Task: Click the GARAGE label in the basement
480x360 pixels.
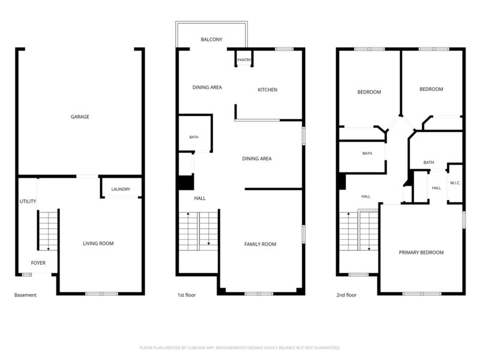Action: (80, 116)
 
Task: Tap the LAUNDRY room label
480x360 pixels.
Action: (121, 189)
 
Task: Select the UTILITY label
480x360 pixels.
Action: (28, 201)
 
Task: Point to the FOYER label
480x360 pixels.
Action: (38, 263)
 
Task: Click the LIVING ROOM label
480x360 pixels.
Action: (98, 244)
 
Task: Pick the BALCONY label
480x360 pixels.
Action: (212, 40)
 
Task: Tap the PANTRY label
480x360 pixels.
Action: (244, 60)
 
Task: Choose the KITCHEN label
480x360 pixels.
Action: (268, 89)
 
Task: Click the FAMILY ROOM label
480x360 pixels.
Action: (260, 244)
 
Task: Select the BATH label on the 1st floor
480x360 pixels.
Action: (194, 137)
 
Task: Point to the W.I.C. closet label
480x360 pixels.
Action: (455, 183)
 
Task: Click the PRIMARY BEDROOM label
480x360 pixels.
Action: (421, 253)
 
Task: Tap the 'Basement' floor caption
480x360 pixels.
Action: (25, 295)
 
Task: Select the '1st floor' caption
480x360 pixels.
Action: (187, 295)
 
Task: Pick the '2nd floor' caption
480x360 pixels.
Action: (347, 295)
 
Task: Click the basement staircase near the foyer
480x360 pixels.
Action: (49, 230)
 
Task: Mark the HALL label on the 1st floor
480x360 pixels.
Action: (200, 199)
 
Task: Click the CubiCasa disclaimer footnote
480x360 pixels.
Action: (239, 348)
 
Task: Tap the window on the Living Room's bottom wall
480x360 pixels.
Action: (101, 294)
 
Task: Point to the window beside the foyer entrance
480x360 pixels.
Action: (26, 275)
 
